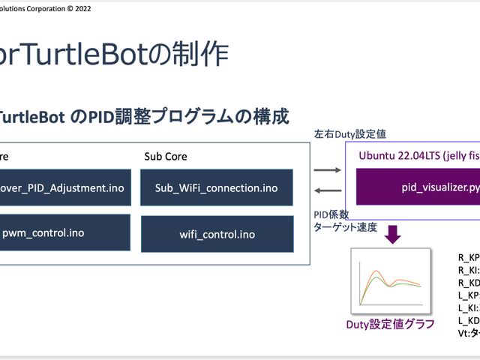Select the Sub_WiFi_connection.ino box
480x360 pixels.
pyautogui.click(x=217, y=187)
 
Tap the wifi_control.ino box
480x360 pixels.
pyautogui.click(x=217, y=234)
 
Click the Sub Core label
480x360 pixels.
pyautogui.click(x=165, y=157)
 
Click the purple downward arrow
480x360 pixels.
pyautogui.click(x=392, y=233)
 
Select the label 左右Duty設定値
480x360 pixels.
pyautogui.click(x=349, y=133)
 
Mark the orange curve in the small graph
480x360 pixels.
pyautogui.click(x=375, y=270)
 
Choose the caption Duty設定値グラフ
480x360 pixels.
pyautogui.click(x=390, y=324)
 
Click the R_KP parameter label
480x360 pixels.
pyautogui.click(x=469, y=257)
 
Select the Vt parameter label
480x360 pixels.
pyautogui.click(x=469, y=333)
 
